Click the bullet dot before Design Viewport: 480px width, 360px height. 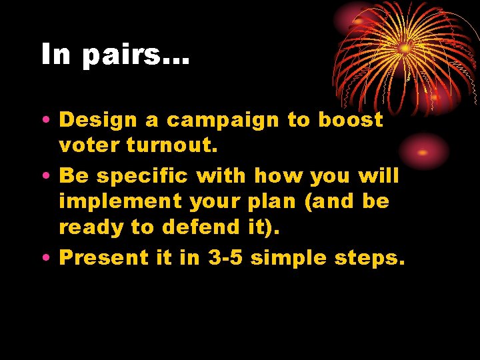pyautogui.click(x=44, y=121)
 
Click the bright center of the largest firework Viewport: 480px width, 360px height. pyautogui.click(x=405, y=48)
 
